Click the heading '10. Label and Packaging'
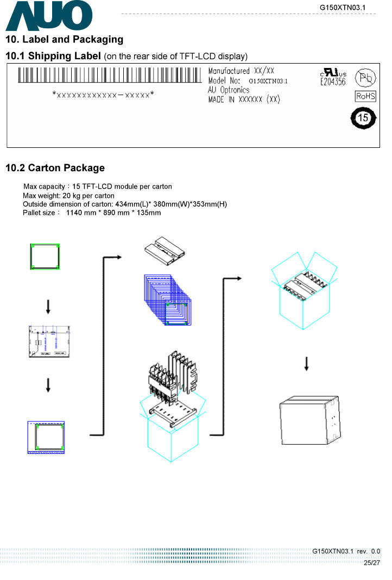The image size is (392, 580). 64,40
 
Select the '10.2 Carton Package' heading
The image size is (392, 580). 55,168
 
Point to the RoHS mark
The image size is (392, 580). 365,96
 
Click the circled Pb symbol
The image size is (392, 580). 364,78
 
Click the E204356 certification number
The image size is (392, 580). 333,82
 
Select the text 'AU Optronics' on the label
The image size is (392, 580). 229,90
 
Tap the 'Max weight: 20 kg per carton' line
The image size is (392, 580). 68,196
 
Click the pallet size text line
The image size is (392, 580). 92,213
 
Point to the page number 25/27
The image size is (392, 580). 372,563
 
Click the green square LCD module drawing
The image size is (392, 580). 45,257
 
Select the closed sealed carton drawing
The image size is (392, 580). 309,422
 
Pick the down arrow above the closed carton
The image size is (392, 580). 307,364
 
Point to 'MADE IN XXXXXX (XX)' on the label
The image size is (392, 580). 244,99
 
